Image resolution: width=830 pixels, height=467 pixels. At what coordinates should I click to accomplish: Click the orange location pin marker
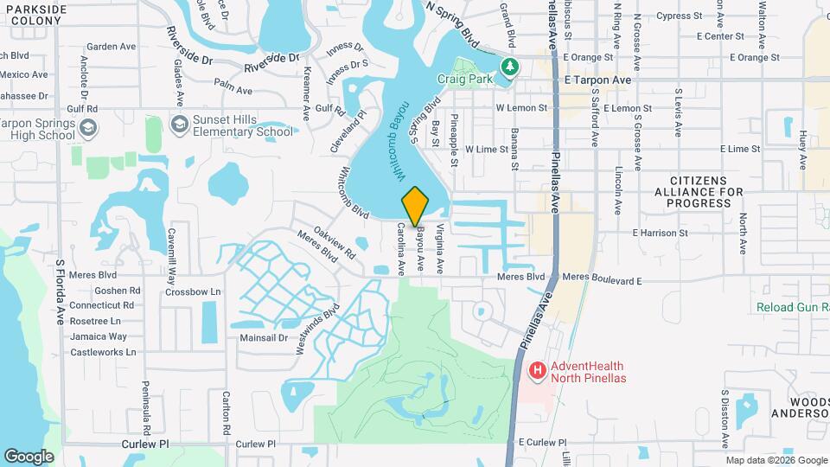(415, 206)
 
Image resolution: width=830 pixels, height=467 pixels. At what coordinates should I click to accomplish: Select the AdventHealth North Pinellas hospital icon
(537, 371)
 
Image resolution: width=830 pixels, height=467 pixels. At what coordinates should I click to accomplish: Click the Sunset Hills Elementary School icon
(179, 125)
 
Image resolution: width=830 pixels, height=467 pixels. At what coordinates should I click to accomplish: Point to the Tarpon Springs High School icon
(86, 129)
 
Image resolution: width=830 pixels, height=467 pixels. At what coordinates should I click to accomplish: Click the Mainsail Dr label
(263, 337)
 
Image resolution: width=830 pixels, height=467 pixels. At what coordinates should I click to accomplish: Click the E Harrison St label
(660, 233)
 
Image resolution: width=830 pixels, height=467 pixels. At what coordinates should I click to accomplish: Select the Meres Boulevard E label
(602, 280)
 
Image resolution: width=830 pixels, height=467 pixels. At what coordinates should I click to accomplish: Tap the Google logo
(29, 456)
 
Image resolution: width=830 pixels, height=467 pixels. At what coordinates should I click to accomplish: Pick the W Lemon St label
(521, 108)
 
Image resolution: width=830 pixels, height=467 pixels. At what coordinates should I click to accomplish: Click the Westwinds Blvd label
(318, 328)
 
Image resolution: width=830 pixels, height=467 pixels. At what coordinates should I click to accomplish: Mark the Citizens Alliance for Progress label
(699, 191)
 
